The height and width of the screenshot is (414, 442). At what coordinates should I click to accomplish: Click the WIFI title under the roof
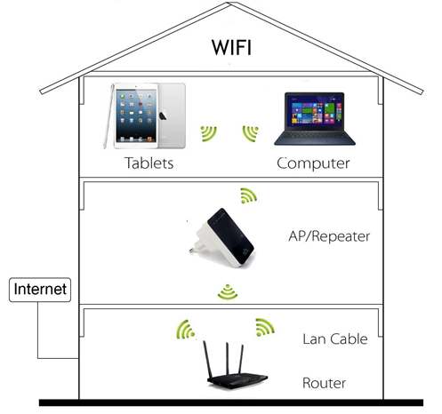(231, 47)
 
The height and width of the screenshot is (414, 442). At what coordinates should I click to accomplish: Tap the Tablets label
(149, 163)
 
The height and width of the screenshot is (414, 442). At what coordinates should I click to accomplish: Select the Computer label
(313, 163)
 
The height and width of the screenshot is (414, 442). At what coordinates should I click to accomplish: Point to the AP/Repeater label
(329, 236)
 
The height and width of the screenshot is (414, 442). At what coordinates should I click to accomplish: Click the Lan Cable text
(335, 339)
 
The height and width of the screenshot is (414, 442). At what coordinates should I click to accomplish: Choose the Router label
(324, 383)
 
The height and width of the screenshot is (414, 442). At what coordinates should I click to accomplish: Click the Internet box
(40, 290)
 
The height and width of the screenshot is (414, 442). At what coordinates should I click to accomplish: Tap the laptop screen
(315, 112)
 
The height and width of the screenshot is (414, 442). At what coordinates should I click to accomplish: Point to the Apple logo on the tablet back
(163, 115)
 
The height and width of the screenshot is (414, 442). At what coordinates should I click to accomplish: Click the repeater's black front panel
(230, 235)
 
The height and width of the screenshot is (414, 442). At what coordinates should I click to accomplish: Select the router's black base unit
(237, 381)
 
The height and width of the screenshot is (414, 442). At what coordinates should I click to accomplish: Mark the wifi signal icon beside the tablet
(208, 133)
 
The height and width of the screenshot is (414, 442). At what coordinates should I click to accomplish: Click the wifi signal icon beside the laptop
(251, 133)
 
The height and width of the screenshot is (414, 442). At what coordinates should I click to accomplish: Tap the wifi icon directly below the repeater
(228, 291)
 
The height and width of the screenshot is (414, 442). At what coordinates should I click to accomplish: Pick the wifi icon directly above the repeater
(248, 195)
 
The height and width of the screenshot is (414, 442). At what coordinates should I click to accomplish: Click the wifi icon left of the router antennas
(186, 330)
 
